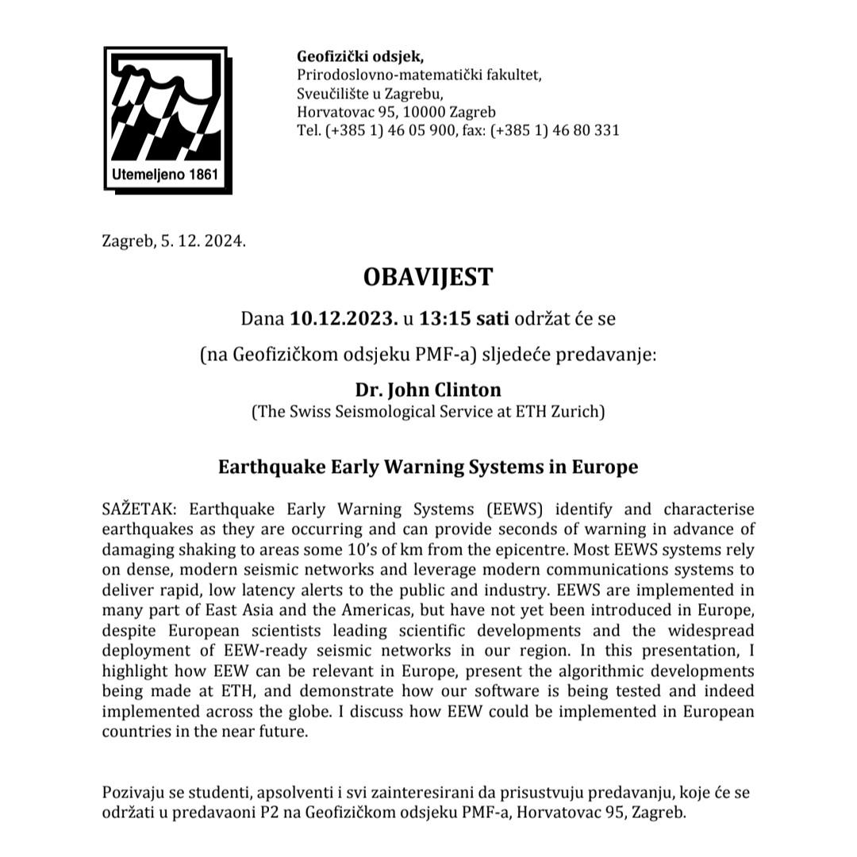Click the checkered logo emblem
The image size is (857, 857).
[166, 111]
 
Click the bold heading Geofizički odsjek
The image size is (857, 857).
[360, 56]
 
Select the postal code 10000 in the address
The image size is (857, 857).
[425, 112]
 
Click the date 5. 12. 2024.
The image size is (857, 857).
[203, 241]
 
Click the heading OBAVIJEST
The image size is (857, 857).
[428, 277]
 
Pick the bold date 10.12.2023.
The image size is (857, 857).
[344, 319]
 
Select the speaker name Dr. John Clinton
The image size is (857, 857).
[428, 390]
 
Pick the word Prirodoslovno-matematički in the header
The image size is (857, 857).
[386, 75]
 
